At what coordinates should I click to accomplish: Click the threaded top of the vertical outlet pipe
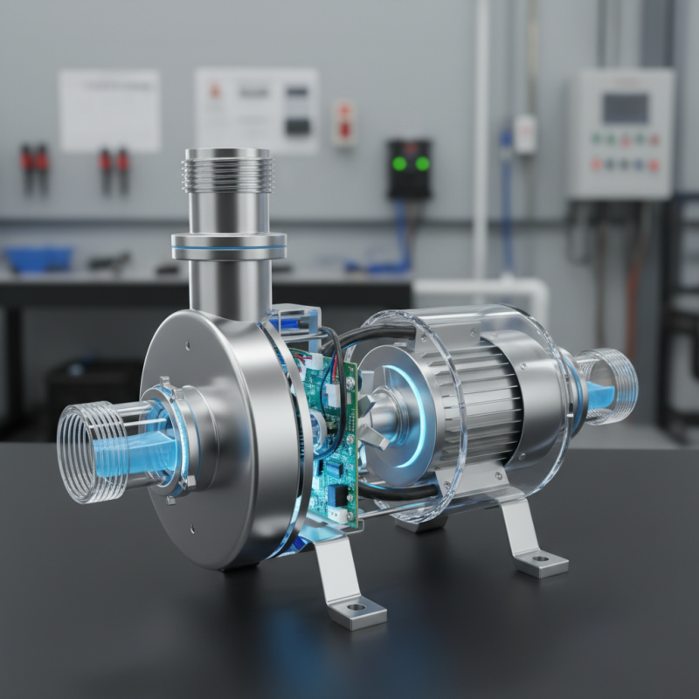[227, 170]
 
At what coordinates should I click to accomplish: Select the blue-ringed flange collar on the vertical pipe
[228, 245]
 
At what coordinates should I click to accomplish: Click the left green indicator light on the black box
[399, 163]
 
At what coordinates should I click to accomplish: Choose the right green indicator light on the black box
[423, 163]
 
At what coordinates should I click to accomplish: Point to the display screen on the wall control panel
[625, 107]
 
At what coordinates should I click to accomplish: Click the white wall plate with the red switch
[344, 122]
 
